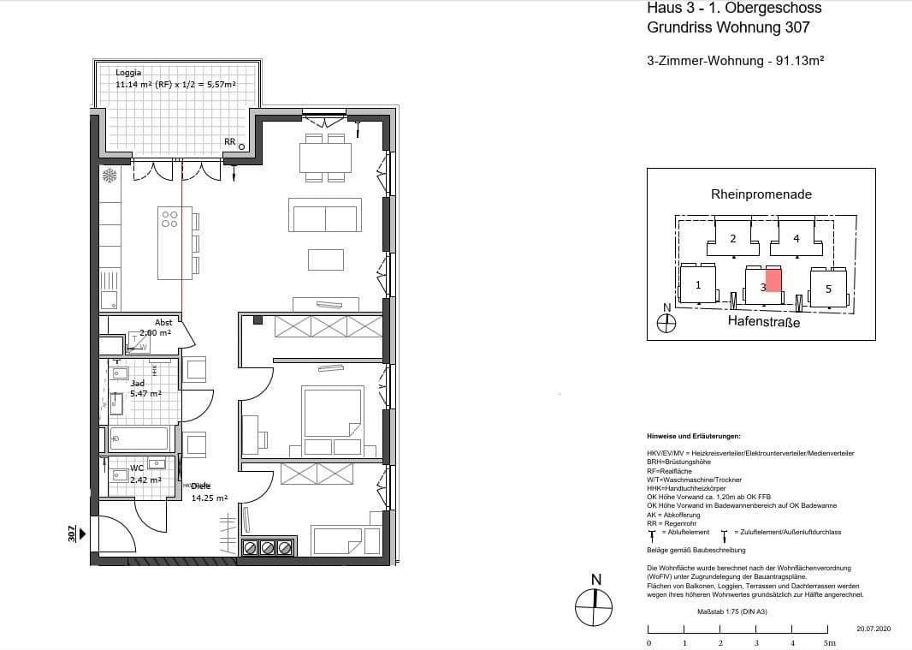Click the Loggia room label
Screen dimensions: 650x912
coord(128,73)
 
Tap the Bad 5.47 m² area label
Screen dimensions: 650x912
coord(145,388)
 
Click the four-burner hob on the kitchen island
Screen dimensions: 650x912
coord(169,219)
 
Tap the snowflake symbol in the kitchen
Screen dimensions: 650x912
coord(110,176)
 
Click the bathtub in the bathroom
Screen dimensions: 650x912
coord(139,438)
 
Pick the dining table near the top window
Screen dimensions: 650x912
coord(325,158)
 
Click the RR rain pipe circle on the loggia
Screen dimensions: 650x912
coord(242,146)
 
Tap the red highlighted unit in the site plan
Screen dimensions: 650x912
coord(773,280)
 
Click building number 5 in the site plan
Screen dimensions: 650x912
coord(828,289)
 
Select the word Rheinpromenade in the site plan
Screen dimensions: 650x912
coord(761,194)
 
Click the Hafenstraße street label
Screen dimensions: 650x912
coord(763,321)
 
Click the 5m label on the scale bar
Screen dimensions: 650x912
coord(827,641)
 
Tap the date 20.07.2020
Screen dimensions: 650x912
coord(874,629)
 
